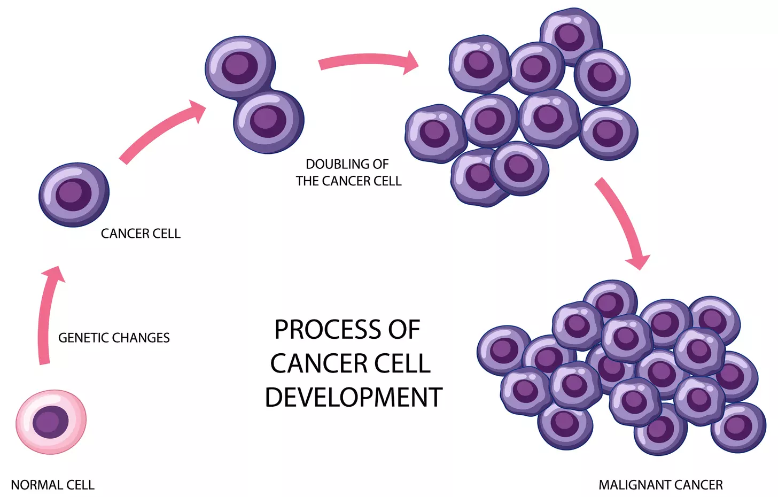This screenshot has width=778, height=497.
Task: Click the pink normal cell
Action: [x=51, y=422]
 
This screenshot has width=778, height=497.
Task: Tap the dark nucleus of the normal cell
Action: [x=51, y=422]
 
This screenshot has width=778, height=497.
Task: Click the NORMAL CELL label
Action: [x=52, y=485]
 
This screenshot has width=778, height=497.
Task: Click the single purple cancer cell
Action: [x=74, y=195]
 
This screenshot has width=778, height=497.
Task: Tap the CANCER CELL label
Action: [x=141, y=234]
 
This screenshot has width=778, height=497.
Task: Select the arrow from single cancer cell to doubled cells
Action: [x=160, y=133]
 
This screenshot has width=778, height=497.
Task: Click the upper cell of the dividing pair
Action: [x=240, y=66]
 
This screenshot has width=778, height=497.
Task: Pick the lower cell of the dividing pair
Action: [x=269, y=122]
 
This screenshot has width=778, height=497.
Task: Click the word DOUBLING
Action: [x=332, y=164]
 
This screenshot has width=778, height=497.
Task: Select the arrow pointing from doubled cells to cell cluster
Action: [x=369, y=63]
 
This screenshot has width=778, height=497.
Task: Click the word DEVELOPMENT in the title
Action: [x=353, y=398]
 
